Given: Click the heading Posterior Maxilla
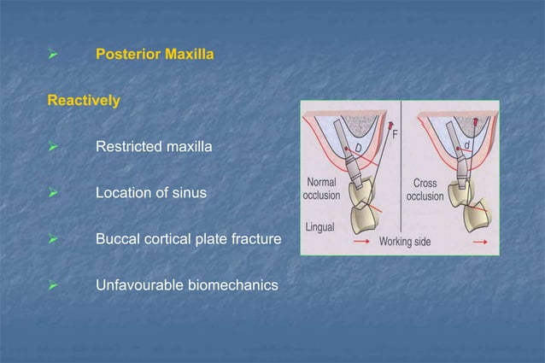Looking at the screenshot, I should [x=154, y=55].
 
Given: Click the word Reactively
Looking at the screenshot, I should [x=84, y=101].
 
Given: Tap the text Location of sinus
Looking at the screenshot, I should [x=151, y=193].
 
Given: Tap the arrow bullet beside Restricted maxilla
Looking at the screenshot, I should [x=52, y=148].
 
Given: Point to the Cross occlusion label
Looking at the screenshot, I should [x=425, y=189].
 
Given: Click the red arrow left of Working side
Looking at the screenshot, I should [x=361, y=242].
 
